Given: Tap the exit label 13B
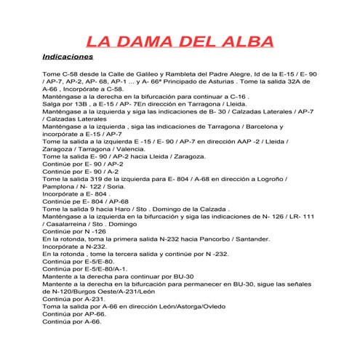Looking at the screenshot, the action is [x=82, y=104].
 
